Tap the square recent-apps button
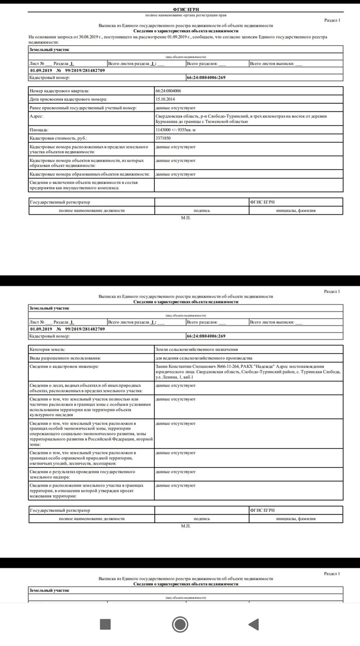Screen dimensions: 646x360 pos(105,624)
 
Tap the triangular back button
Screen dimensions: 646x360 pos(253,624)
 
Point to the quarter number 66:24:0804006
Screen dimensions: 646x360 pos(168,90)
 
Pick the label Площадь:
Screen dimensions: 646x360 pos(39,131)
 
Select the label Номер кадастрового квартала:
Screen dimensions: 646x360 pos(60,90)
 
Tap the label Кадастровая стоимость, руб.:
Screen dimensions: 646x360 pos(59,139)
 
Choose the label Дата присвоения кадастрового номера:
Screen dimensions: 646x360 pos(67,99)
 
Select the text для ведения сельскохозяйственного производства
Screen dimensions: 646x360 pos(203,357)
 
